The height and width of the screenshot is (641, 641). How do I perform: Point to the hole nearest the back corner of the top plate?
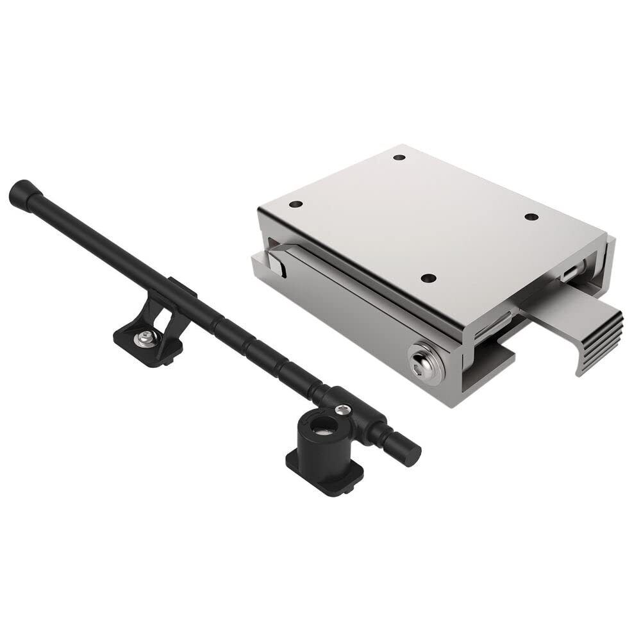[x=399, y=157]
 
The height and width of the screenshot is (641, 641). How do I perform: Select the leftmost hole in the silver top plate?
[x=296, y=204]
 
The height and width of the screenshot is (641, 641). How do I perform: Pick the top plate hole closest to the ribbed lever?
[x=531, y=217]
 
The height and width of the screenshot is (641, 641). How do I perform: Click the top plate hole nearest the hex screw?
[x=429, y=278]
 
